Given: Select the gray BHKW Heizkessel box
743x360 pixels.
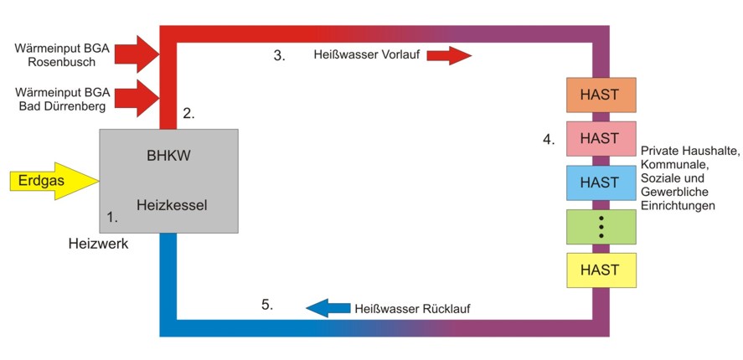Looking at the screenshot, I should tap(168, 180).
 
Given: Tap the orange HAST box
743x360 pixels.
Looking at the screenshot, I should tap(601, 95).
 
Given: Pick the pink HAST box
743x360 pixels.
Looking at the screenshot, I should tap(601, 138).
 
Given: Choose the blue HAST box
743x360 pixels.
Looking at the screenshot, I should tap(601, 183).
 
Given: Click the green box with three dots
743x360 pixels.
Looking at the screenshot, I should tap(601, 227).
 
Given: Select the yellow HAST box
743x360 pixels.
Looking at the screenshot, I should tap(601, 270).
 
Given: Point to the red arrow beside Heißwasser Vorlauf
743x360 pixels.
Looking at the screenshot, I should tap(450, 56).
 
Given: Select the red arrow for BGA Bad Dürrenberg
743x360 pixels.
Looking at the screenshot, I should tap(135, 99).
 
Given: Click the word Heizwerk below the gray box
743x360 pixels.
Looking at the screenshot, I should tap(98, 244).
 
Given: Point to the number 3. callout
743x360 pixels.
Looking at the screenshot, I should tap(279, 56).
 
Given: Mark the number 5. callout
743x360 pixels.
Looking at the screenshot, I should tap(267, 305).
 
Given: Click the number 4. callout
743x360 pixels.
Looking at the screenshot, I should tap(549, 139).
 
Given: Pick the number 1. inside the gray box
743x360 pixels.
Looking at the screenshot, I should tap(113, 217).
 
